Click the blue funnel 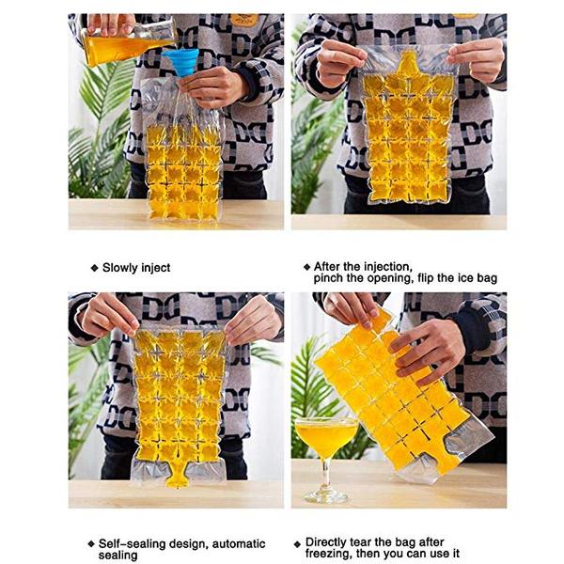point(180,62)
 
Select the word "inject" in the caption point(156,268)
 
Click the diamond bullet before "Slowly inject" point(95,268)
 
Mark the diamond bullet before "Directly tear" point(297,544)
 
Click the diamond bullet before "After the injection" point(306,267)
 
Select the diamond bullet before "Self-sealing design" point(91,544)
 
